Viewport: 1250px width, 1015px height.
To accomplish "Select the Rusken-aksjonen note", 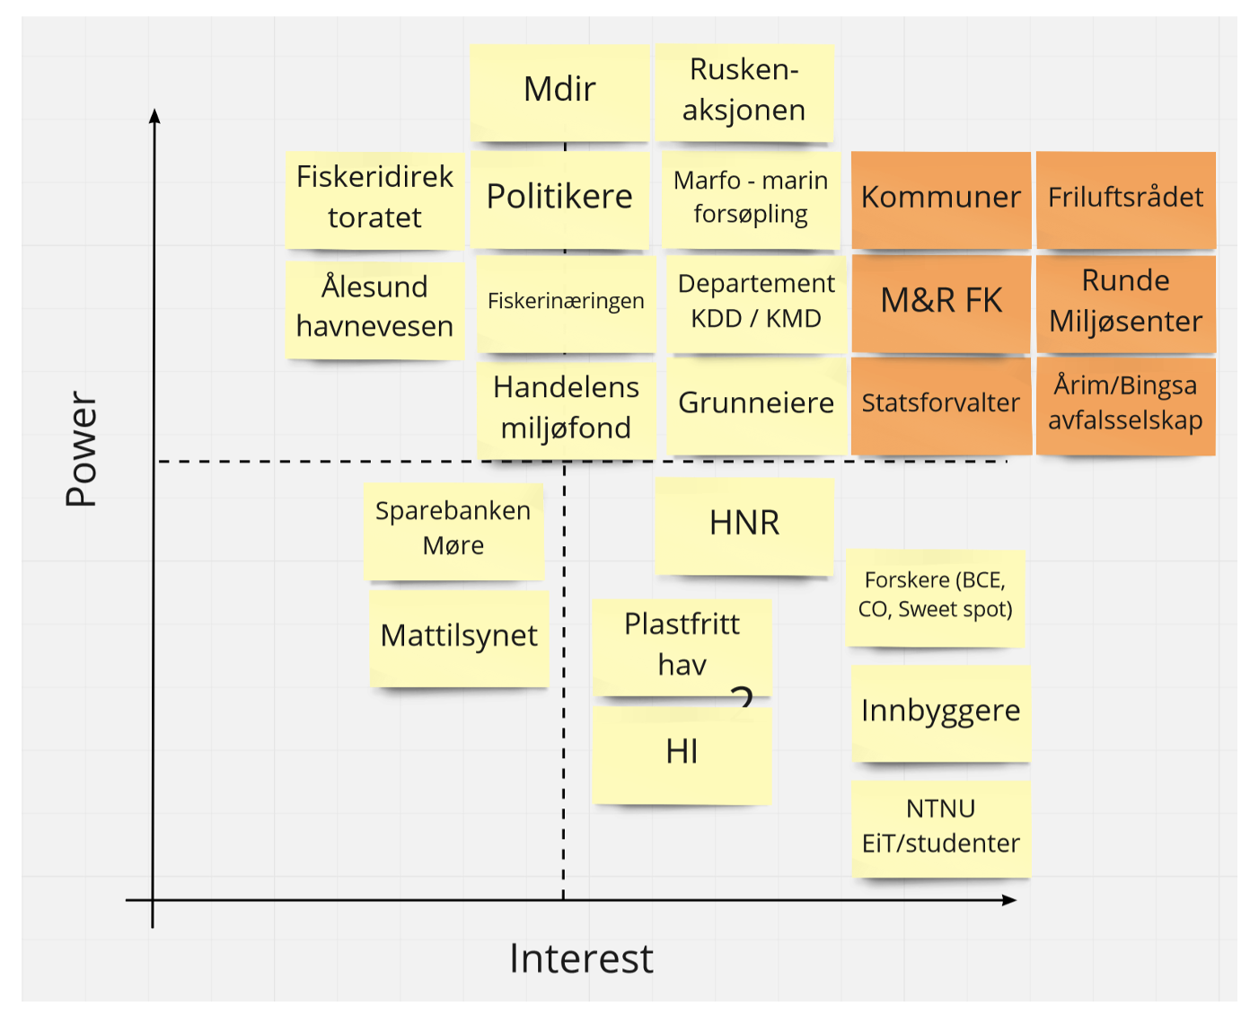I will coord(744,91).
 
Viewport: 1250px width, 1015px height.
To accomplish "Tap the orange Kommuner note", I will coord(940,198).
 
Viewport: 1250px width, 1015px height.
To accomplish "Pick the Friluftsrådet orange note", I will coord(1125,198).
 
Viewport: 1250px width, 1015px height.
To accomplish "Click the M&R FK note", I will coord(940,301).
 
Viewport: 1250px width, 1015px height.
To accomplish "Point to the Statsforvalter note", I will coord(940,403).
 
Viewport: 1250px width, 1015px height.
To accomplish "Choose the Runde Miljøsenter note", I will coord(1125,301).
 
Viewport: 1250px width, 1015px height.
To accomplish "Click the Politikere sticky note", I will coord(559,198).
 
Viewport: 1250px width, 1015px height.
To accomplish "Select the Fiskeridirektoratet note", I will coord(374,198).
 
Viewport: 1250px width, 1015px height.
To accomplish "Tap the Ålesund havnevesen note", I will coord(374,307).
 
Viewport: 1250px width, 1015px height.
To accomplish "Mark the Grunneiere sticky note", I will coord(756,403).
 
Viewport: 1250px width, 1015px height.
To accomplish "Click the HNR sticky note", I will coord(744,524).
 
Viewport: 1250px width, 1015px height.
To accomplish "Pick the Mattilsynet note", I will coord(459,636).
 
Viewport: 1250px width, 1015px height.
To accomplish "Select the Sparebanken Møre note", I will coord(453,529).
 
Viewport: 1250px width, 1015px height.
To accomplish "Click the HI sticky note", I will coord(682,753).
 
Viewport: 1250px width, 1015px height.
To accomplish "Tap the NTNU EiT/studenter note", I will coord(940,826).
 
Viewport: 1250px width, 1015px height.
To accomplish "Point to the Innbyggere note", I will coord(940,711).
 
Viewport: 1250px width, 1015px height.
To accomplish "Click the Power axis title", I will coord(82,448).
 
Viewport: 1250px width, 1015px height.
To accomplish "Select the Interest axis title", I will coord(581,959).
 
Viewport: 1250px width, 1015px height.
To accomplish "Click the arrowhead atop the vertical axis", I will coord(154,116).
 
